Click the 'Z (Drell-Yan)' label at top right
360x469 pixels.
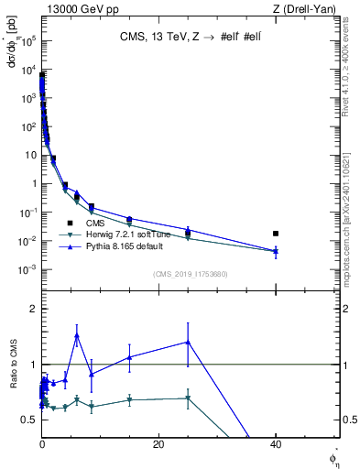(x=307, y=8)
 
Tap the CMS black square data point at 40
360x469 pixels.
(x=276, y=234)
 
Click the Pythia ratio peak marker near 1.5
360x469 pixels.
(x=77, y=335)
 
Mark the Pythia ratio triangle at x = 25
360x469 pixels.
(x=188, y=342)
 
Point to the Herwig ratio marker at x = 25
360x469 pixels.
(x=188, y=398)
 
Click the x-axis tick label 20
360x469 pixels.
(x=158, y=444)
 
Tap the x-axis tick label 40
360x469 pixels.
(x=276, y=444)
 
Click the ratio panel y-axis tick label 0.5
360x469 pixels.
(x=30, y=420)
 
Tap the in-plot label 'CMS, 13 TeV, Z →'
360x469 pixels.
(x=169, y=38)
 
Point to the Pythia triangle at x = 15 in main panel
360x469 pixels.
(x=129, y=219)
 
